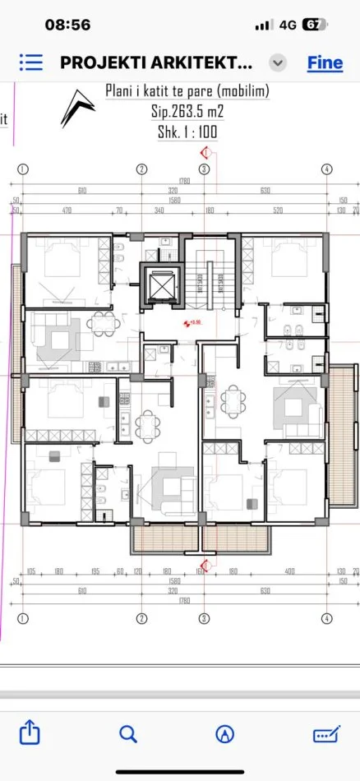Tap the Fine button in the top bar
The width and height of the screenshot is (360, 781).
[x=325, y=62]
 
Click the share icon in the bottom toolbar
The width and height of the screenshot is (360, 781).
[x=30, y=733]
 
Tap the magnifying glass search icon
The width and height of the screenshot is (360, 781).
[x=127, y=733]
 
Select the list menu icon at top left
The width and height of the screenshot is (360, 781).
[x=31, y=62]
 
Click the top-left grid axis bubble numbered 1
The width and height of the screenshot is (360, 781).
[x=23, y=169]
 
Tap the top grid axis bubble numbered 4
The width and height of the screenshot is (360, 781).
[x=326, y=169]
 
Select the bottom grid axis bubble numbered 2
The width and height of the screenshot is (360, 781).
[x=141, y=617]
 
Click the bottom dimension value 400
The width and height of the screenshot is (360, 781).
[x=289, y=571]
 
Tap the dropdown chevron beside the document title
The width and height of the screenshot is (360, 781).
[x=279, y=62]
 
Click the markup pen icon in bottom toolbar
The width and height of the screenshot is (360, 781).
[x=326, y=733]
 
